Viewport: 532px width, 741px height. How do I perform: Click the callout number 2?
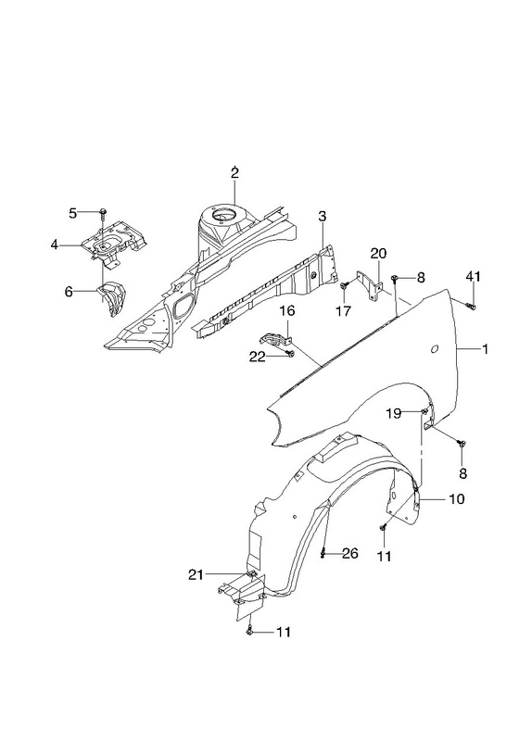tap(234, 173)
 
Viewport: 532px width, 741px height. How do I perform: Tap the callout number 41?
tap(473, 276)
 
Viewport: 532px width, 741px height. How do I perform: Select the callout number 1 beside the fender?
tap(485, 349)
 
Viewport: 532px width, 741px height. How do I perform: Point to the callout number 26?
tap(349, 553)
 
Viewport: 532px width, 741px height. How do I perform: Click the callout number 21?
tap(196, 574)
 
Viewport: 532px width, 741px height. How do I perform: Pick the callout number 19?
tap(393, 413)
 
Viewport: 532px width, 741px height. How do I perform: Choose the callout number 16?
tap(287, 310)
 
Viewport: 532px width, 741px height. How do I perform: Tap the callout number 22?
tap(258, 357)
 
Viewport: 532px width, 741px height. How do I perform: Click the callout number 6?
tap(69, 292)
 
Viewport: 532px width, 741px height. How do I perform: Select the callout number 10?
tap(457, 498)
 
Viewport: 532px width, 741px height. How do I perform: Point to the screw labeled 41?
tap(472, 307)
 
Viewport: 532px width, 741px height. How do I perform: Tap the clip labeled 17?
tap(343, 285)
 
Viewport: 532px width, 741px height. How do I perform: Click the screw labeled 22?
tap(290, 354)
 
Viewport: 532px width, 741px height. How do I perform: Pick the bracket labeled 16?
tap(275, 340)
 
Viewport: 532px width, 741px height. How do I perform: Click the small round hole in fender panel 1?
tap(435, 350)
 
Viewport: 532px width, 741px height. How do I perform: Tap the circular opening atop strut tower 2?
tap(223, 217)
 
